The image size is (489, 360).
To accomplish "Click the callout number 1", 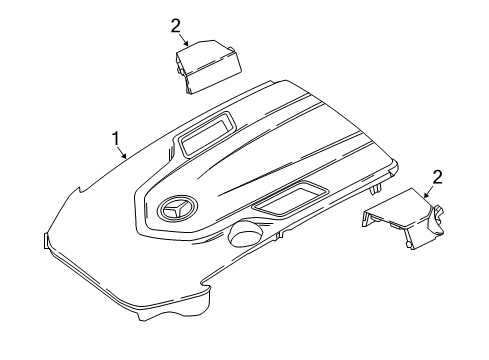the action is (x=116, y=139).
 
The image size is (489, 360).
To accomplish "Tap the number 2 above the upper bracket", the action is (x=176, y=26).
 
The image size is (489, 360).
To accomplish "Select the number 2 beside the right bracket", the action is (x=437, y=177).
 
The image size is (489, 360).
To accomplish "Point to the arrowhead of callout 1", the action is (x=125, y=156).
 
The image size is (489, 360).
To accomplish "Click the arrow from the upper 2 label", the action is (x=184, y=40).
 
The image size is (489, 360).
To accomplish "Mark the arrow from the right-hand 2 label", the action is (x=429, y=192).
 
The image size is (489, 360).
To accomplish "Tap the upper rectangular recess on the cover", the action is (x=206, y=132).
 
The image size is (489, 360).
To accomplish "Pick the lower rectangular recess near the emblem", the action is (x=290, y=199).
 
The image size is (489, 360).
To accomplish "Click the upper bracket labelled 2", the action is (x=208, y=66).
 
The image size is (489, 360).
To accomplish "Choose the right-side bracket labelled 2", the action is (x=404, y=219).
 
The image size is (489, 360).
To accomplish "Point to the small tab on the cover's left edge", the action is (x=45, y=240).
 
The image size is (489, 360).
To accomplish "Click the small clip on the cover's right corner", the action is (x=376, y=190).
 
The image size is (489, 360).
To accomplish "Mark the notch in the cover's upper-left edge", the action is (x=80, y=191).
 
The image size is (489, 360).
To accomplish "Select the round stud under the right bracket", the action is (x=408, y=245).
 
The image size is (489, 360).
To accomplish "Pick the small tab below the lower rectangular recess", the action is (x=280, y=234).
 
